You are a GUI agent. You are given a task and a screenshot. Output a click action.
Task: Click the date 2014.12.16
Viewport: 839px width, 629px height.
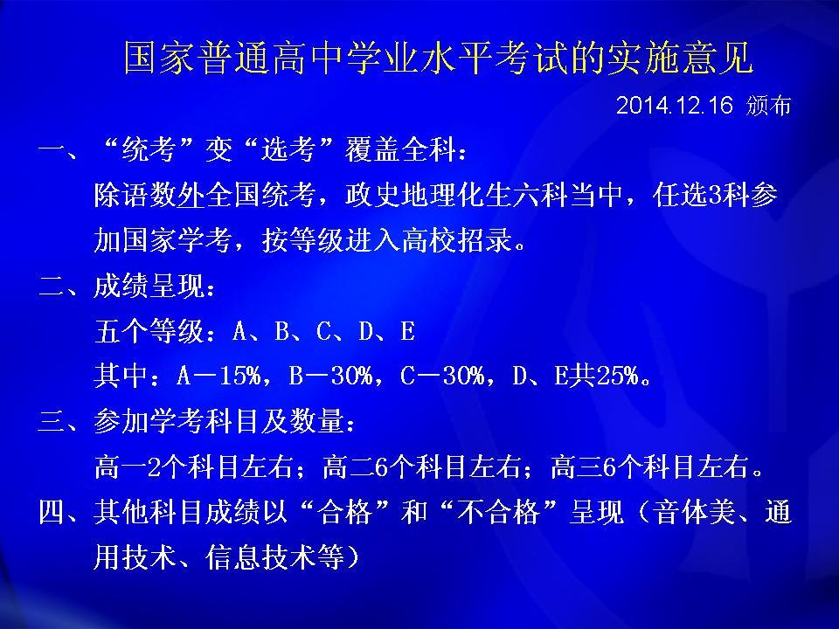coord(674,106)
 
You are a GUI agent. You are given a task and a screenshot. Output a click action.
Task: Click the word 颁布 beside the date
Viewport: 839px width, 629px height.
coord(768,106)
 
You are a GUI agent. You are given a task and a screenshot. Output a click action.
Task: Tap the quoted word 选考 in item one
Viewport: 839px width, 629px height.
coord(288,149)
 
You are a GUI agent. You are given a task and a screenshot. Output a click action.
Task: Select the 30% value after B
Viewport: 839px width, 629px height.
coord(351,376)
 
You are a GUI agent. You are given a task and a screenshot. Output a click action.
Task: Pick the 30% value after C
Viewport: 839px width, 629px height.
coord(463,376)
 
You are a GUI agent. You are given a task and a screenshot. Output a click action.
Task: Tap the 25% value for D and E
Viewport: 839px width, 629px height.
coord(618,376)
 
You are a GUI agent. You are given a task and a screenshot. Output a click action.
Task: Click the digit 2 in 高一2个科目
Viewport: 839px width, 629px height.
coord(155,467)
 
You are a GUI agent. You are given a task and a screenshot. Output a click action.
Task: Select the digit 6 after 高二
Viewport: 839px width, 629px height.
coord(382,467)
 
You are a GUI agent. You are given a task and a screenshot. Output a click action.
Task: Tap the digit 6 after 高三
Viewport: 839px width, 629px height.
coord(609,467)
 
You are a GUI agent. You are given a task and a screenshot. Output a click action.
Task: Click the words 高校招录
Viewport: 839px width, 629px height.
coord(457,240)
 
